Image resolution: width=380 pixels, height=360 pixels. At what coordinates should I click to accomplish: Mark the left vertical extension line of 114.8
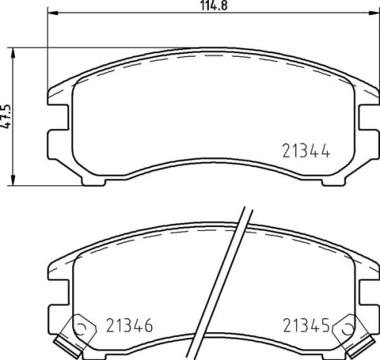pyautogui.click(x=48, y=46)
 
